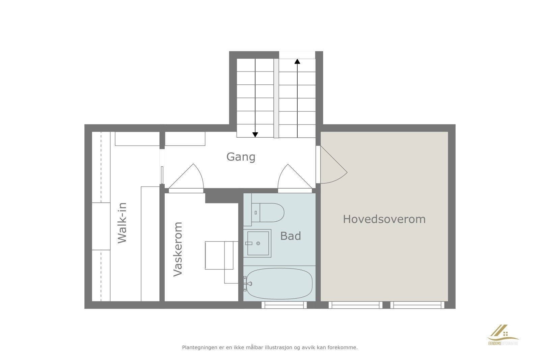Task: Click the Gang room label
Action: click(241, 157)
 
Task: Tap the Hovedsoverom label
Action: click(384, 219)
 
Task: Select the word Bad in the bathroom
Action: click(290, 236)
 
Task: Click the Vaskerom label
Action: click(178, 249)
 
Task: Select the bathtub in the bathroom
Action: click(279, 283)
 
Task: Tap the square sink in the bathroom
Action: click(258, 243)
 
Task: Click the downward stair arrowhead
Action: click(255, 135)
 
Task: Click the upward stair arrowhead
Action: click(297, 61)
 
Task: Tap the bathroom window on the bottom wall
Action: click(284, 305)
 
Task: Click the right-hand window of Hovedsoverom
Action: click(417, 305)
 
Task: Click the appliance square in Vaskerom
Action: click(219, 255)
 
